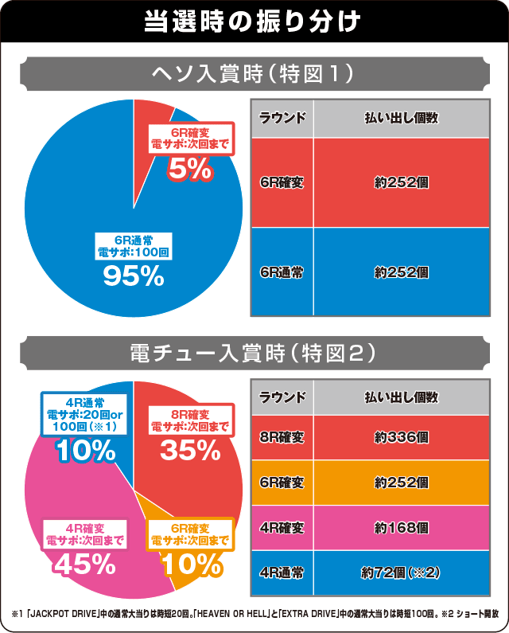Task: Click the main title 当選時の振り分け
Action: pos(254,21)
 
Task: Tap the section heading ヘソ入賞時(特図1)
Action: pos(254,75)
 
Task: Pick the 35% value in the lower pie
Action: pos(190,450)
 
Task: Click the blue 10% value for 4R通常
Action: pos(82,451)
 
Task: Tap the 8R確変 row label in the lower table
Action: pos(282,437)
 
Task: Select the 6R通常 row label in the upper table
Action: pos(282,272)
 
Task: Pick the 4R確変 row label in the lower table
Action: pos(282,527)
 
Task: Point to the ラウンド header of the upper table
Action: pos(282,118)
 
